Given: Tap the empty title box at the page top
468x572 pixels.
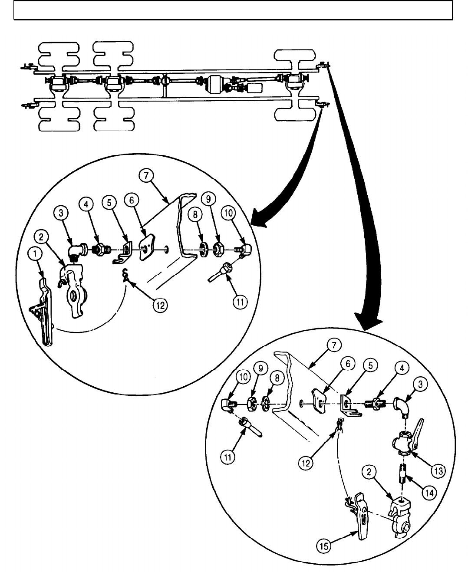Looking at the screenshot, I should [x=233, y=10].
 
